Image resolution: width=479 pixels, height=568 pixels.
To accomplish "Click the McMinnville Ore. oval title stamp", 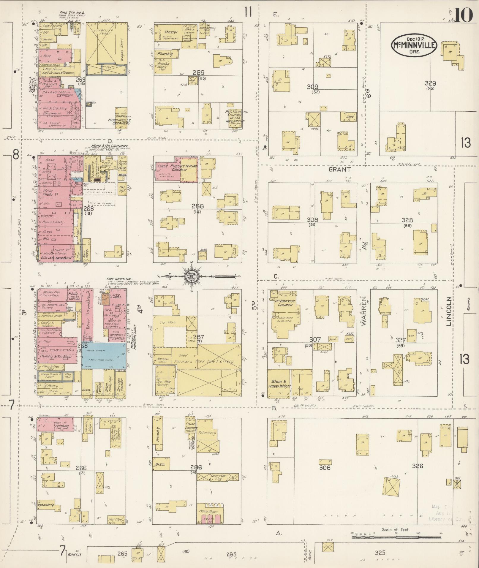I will point(413,45).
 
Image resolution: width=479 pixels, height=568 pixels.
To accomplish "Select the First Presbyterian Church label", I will point(177,168).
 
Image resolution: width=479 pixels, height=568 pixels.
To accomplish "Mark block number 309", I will point(313,87).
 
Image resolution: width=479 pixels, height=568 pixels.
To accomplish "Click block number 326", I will point(417,466).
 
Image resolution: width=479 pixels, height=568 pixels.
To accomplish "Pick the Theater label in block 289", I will point(171,32).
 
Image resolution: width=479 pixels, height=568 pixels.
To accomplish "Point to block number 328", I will point(407,220).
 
